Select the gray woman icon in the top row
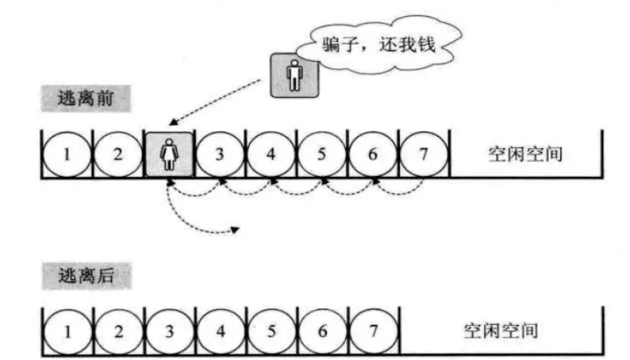(169, 154)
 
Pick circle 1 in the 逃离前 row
(67, 154)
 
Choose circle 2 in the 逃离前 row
(118, 154)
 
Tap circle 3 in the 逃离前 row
(220, 154)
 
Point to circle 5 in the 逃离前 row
(321, 154)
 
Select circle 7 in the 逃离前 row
(423, 154)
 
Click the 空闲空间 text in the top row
(525, 154)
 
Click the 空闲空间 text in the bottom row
(500, 329)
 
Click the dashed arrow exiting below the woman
(186, 221)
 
